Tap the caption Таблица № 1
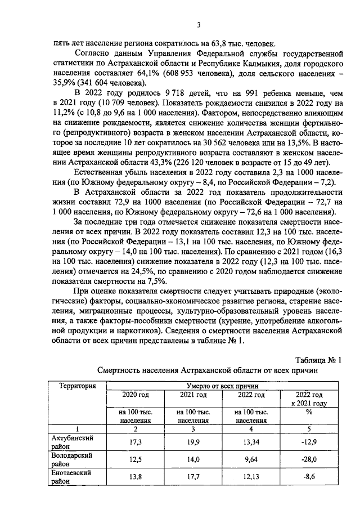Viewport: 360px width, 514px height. coord(318,360)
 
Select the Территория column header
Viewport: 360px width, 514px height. coord(72,386)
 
